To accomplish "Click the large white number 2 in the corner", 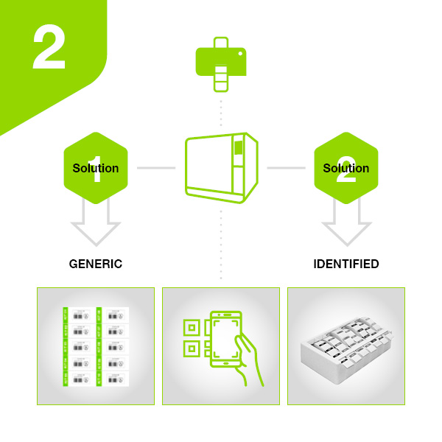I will click(49, 50).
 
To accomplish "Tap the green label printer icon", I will click(220, 61).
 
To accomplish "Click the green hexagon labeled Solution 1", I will click(96, 168).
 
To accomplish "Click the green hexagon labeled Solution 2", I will click(346, 168).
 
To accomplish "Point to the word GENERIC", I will click(96, 264).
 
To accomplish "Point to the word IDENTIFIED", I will click(346, 264).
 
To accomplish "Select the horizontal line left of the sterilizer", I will click(156, 168).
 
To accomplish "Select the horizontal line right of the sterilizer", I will click(286, 168).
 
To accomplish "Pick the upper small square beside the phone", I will click(192, 326).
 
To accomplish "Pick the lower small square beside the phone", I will click(192, 348).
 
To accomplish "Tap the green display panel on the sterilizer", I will click(238, 148).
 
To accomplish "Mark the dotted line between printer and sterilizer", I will click(220, 110).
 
